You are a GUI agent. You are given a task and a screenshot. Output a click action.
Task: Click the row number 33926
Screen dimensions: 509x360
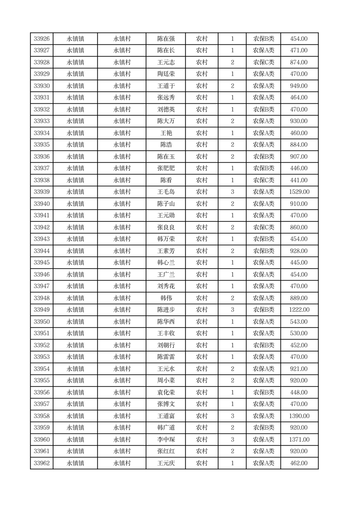(42, 39)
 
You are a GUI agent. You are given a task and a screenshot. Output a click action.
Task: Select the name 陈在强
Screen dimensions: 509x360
(166, 39)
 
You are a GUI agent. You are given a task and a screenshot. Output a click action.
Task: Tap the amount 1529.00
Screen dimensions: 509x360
(299, 192)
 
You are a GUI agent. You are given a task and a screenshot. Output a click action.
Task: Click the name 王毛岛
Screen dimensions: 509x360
(166, 192)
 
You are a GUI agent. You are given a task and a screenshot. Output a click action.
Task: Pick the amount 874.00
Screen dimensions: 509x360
(299, 62)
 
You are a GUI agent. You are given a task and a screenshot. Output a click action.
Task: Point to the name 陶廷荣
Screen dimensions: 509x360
(166, 74)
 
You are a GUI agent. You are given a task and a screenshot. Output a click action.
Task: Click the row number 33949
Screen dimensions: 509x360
(42, 310)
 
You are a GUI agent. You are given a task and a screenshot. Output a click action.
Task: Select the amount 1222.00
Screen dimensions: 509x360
(299, 310)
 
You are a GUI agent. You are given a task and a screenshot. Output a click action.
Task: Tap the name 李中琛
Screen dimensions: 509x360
(166, 440)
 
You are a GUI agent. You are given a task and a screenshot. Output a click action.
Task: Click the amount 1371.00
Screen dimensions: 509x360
(299, 440)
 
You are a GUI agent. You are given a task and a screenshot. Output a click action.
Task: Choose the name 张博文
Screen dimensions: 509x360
(166, 404)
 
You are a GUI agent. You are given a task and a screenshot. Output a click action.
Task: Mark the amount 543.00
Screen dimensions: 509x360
(299, 322)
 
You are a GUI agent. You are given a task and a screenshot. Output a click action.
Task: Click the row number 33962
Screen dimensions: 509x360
(42, 463)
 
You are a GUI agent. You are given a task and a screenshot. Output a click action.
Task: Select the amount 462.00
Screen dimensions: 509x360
(299, 463)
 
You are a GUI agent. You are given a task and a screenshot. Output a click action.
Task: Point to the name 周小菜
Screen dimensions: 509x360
(166, 381)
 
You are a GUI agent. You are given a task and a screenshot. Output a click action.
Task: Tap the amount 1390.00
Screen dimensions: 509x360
(299, 416)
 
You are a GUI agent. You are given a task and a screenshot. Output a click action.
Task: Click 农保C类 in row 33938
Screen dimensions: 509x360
(263, 180)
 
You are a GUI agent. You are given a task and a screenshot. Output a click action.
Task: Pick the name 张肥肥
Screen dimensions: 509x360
(166, 168)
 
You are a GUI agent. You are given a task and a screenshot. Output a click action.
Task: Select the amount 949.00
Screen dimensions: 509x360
(299, 86)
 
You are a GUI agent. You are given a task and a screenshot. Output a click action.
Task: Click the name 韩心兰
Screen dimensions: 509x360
(166, 263)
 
